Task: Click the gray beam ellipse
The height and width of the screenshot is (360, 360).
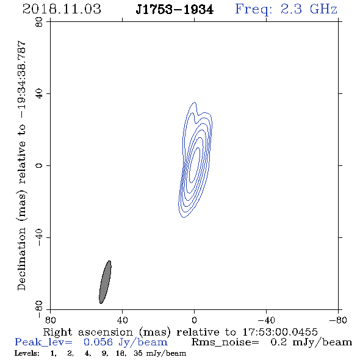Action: tap(105, 282)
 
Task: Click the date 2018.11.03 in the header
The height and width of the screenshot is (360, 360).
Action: tap(62, 9)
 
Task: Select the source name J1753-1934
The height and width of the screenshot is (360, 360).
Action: tap(175, 10)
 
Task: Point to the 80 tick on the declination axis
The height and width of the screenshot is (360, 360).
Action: tap(39, 22)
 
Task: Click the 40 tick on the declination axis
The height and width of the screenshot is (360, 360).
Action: tap(39, 94)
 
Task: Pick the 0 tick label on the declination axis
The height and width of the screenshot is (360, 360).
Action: tap(39, 165)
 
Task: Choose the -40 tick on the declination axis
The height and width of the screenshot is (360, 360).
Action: tap(39, 237)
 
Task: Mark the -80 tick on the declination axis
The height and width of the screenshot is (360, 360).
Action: tap(39, 309)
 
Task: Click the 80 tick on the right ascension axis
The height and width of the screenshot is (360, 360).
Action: tap(50, 320)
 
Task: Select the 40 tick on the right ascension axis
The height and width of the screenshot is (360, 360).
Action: tap(123, 320)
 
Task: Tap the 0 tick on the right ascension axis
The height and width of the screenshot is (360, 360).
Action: tap(194, 320)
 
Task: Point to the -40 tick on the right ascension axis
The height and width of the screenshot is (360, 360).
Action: tap(266, 320)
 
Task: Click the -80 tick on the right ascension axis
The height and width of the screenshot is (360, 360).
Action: tap(338, 320)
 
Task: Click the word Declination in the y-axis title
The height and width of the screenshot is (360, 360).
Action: tap(21, 259)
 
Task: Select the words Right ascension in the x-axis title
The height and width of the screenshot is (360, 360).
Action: tap(88, 332)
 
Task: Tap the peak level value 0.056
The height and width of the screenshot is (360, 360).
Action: tap(98, 342)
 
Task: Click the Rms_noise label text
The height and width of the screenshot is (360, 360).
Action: tap(225, 342)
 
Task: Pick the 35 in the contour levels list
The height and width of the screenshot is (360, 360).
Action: tap(138, 353)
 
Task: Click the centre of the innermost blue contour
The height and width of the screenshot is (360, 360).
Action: tap(194, 165)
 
